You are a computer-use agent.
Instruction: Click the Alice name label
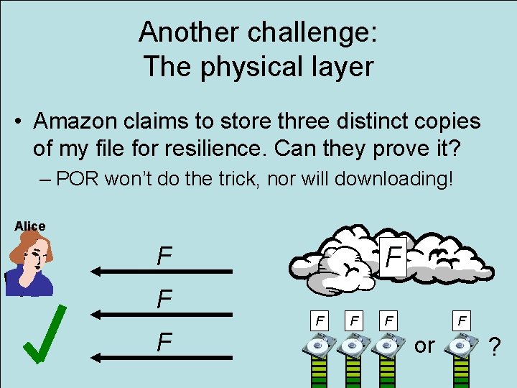(29, 226)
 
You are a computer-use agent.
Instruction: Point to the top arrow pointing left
(162, 271)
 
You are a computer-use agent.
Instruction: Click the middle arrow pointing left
(162, 314)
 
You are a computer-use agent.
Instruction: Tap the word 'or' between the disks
(424, 346)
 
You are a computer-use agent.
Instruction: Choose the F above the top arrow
(164, 255)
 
